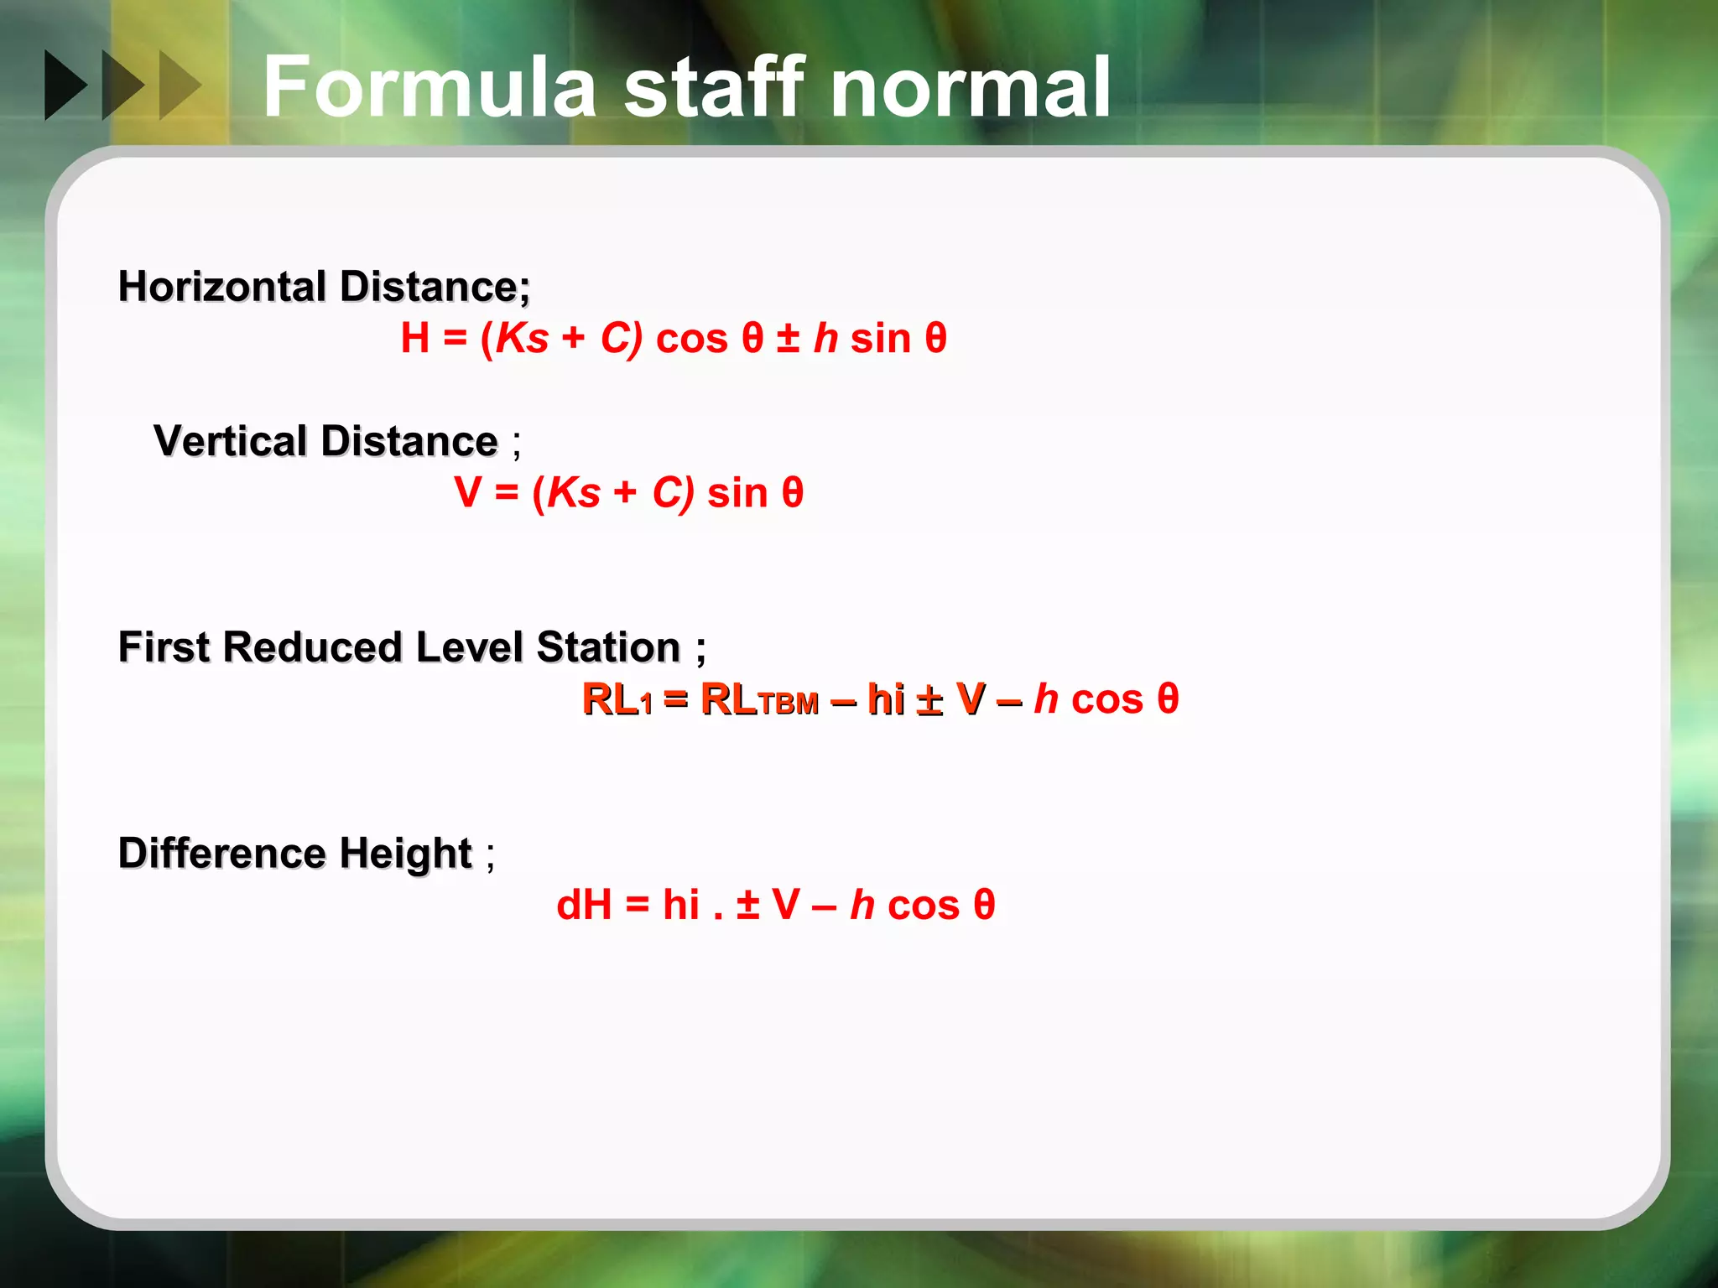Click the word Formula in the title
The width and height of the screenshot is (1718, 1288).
point(429,87)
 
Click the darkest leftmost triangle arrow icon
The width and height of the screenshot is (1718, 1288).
point(65,85)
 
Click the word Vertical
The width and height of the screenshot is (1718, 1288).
point(231,441)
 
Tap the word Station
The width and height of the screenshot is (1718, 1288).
point(608,647)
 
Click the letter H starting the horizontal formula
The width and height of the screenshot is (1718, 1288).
point(415,339)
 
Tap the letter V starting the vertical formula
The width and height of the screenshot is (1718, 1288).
point(467,492)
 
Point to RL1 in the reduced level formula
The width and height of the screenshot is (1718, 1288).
point(617,699)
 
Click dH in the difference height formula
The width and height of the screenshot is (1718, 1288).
point(584,906)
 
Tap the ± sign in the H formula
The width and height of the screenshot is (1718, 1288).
point(788,339)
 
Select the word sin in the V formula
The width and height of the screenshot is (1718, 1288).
point(737,493)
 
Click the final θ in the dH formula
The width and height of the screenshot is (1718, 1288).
point(984,906)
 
